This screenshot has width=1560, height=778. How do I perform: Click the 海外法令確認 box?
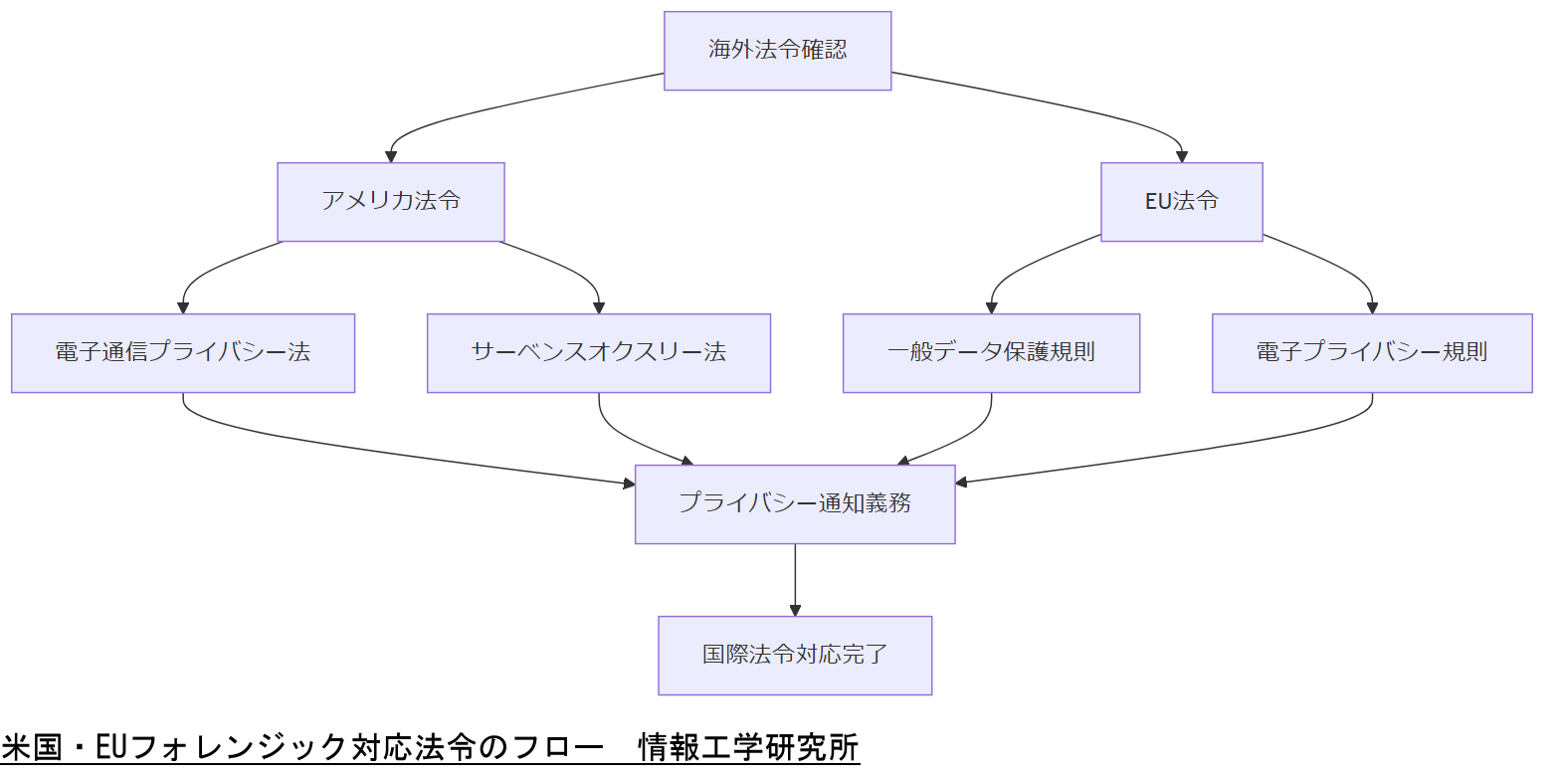[x=777, y=51]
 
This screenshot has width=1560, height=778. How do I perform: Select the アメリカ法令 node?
[x=390, y=202]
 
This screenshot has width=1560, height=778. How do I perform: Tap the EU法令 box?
[x=1181, y=202]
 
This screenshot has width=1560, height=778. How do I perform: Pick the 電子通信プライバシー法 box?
[x=183, y=353]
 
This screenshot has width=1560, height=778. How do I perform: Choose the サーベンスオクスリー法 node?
[x=598, y=353]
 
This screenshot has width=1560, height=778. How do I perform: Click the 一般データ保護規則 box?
[x=991, y=353]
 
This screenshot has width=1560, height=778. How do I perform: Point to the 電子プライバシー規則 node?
[x=1372, y=353]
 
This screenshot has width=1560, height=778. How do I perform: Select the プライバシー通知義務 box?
[x=795, y=504]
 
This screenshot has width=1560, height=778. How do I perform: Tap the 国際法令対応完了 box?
[x=795, y=656]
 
